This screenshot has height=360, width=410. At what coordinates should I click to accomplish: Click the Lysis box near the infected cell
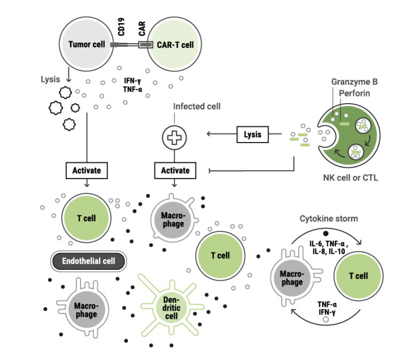tap(253, 134)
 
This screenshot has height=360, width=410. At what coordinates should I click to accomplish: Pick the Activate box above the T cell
tap(86, 170)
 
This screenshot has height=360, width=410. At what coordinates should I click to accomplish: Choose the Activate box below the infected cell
tap(175, 170)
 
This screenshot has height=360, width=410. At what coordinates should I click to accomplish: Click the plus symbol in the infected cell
tap(174, 137)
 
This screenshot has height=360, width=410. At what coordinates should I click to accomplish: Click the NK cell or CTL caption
tap(350, 178)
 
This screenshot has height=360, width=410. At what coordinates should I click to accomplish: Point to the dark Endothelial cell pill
tap(89, 261)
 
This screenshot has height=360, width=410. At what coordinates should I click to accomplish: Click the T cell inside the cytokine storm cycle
tap(358, 276)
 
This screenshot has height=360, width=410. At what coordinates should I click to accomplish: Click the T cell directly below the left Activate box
tap(86, 218)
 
